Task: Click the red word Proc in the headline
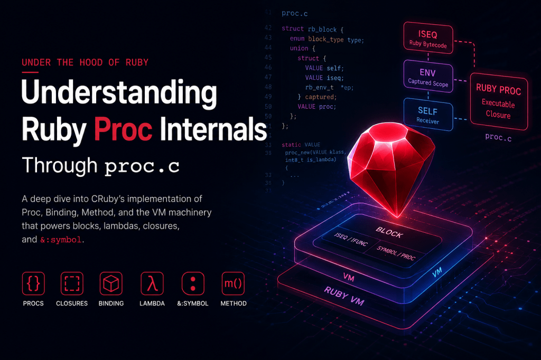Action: pyautogui.click(x=123, y=129)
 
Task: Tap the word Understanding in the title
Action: pyautogui.click(x=119, y=92)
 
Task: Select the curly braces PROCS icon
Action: pyautogui.click(x=33, y=283)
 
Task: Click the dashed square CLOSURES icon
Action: pyautogui.click(x=72, y=283)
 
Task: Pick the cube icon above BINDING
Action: pyautogui.click(x=111, y=283)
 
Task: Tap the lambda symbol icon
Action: pyautogui.click(x=152, y=283)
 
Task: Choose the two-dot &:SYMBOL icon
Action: pyautogui.click(x=193, y=283)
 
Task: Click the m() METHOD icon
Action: pyautogui.click(x=233, y=283)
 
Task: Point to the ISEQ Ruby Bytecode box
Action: pyautogui.click(x=428, y=38)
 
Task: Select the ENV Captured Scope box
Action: pyautogui.click(x=428, y=76)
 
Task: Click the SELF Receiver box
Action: pyautogui.click(x=428, y=115)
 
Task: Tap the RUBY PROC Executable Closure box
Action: pyautogui.click(x=499, y=101)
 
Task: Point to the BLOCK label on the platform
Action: pyautogui.click(x=389, y=233)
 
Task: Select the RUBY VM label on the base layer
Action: pyautogui.click(x=344, y=296)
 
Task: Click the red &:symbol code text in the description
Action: pyautogui.click(x=61, y=240)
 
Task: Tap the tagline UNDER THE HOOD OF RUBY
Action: pyautogui.click(x=85, y=62)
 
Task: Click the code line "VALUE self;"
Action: pyautogui.click(x=324, y=68)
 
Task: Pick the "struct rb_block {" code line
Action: pyautogui.click(x=312, y=29)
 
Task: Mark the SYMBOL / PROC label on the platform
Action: pyautogui.click(x=396, y=253)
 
